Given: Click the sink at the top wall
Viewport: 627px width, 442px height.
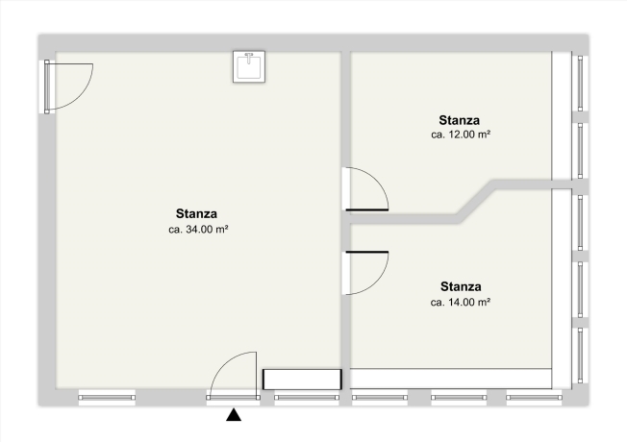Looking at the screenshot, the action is [249, 66].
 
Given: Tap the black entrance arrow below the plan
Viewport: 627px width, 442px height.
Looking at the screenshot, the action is [234, 415].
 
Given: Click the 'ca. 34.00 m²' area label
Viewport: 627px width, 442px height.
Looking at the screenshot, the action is [198, 230].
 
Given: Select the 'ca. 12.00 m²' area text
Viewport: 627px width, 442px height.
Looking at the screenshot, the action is [461, 135].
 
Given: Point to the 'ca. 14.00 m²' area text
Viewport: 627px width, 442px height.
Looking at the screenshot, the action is [461, 302].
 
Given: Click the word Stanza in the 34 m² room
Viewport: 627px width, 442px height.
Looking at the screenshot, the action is [196, 213].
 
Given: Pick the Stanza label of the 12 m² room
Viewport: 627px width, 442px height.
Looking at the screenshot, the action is [459, 120].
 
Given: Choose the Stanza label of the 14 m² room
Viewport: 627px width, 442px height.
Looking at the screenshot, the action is [461, 286].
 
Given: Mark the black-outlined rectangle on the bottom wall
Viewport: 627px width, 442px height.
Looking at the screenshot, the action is [302, 380].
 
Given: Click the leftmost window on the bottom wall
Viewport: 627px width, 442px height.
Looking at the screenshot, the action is [107, 398].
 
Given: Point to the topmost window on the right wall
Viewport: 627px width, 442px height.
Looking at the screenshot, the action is [580, 84].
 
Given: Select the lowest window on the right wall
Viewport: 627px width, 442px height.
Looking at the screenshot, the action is [580, 356].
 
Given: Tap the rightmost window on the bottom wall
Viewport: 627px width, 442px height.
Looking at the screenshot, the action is [534, 398].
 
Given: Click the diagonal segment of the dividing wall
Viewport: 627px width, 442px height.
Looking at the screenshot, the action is [477, 202].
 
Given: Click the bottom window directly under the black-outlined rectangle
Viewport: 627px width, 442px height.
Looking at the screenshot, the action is [307, 398].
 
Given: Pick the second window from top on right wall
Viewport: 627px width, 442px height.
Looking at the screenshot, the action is [580, 151].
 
